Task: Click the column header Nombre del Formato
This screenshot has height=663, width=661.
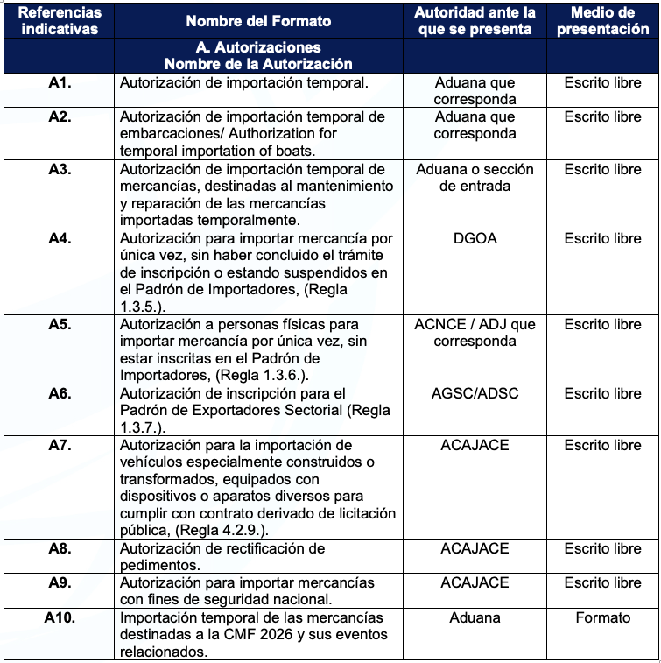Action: pyautogui.click(x=257, y=20)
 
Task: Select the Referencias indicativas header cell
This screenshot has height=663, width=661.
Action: pyautogui.click(x=60, y=20)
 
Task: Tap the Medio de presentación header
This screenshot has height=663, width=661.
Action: pyautogui.click(x=602, y=20)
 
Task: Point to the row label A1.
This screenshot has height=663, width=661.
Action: pyautogui.click(x=60, y=83)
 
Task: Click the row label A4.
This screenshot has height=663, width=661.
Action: pyautogui.click(x=60, y=238)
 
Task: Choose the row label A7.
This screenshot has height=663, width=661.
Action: pyautogui.click(x=60, y=445)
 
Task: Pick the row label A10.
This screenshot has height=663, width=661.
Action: pyautogui.click(x=60, y=617)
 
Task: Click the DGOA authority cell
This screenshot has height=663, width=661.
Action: pyautogui.click(x=475, y=238)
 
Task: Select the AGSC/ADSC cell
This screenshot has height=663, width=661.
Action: pyautogui.click(x=475, y=393)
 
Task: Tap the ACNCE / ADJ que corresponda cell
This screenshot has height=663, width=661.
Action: pyautogui.click(x=475, y=333)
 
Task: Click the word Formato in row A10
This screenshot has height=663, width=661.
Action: pyautogui.click(x=602, y=617)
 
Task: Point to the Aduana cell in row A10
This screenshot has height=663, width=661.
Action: pyautogui.click(x=475, y=617)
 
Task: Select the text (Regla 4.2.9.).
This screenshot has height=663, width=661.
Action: pyautogui.click(x=212, y=531)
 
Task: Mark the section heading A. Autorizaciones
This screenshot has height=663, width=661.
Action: pyautogui.click(x=257, y=47)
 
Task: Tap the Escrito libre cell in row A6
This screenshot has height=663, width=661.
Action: pyautogui.click(x=602, y=393)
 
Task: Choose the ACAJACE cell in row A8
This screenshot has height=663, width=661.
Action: pyautogui.click(x=475, y=548)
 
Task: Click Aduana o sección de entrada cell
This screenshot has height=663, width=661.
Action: pyautogui.click(x=475, y=178)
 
